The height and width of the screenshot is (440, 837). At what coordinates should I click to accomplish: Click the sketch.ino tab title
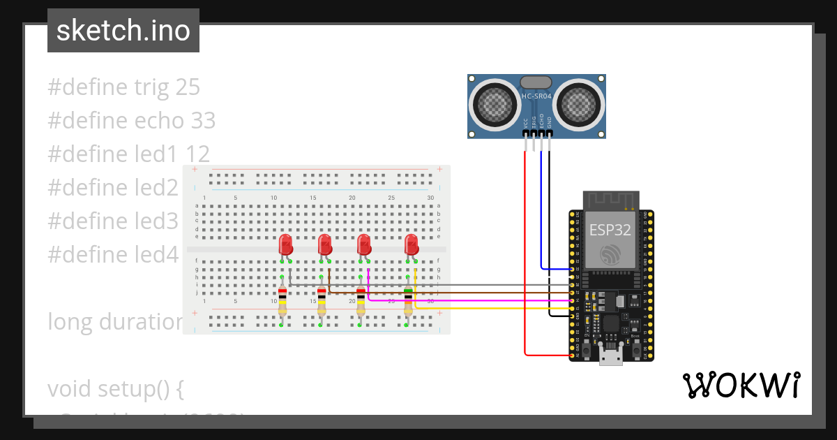123,31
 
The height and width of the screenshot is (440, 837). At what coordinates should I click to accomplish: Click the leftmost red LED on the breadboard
285,244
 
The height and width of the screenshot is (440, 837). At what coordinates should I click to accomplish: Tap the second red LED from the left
324,244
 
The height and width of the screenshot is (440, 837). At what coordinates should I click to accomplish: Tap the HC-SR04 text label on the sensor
536,96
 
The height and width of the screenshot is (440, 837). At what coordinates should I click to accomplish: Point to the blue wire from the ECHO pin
541,210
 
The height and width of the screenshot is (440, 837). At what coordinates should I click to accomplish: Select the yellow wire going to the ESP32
488,307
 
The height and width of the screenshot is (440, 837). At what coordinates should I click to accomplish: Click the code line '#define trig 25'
123,87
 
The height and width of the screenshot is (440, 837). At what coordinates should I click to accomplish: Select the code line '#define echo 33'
131,121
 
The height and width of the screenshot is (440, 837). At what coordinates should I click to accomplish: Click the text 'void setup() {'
115,389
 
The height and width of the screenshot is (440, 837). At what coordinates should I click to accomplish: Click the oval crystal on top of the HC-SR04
536,82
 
